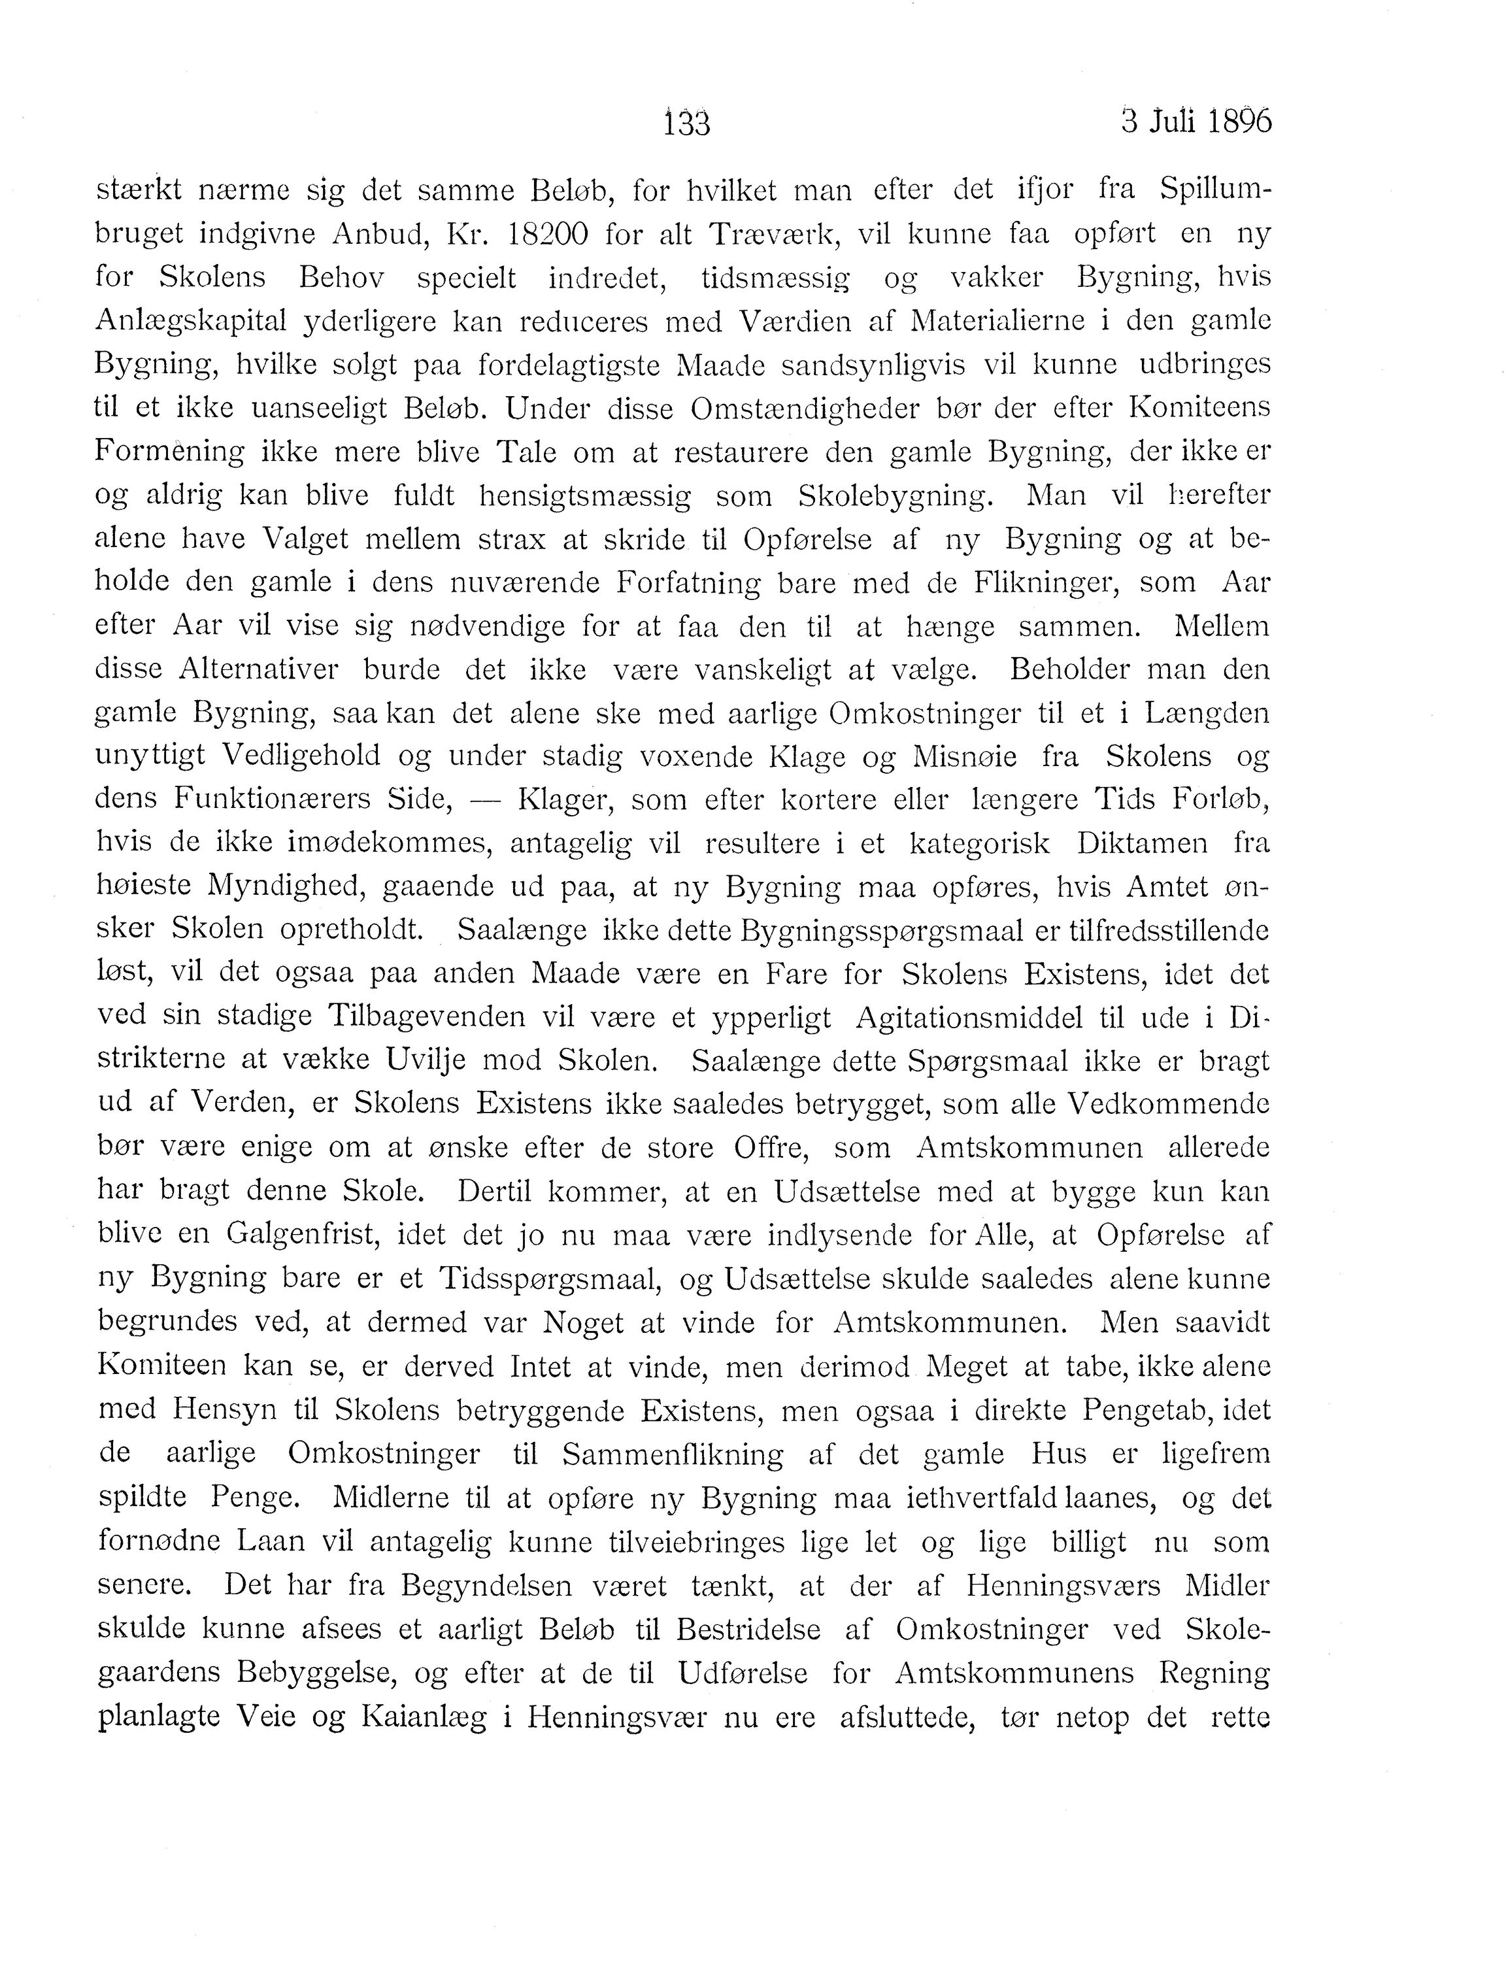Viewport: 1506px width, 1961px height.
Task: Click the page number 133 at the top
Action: [x=687, y=123]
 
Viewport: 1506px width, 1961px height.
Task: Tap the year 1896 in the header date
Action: [x=1240, y=121]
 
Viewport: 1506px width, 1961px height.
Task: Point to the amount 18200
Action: [x=547, y=235]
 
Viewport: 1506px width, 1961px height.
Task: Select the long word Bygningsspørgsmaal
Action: [x=883, y=930]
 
